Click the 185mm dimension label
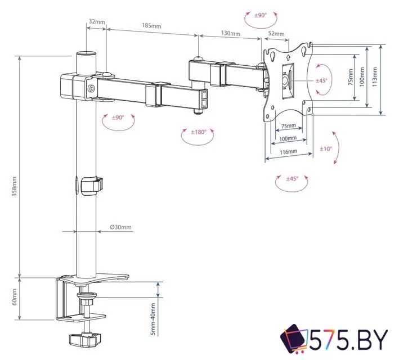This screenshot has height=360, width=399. pyautogui.click(x=151, y=25)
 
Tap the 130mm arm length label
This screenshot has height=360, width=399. pyautogui.click(x=231, y=33)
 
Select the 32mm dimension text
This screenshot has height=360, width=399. pyautogui.click(x=97, y=21)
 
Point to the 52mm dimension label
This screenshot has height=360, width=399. pyautogui.click(x=276, y=34)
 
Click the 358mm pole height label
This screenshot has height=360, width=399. pyautogui.click(x=14, y=187)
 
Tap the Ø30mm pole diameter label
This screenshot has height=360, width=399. pyautogui.click(x=120, y=227)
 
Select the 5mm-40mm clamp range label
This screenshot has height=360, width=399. pyautogui.click(x=153, y=319)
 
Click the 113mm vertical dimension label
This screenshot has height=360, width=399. pyautogui.click(x=375, y=77)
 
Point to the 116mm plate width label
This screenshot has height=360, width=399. pyautogui.click(x=288, y=152)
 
